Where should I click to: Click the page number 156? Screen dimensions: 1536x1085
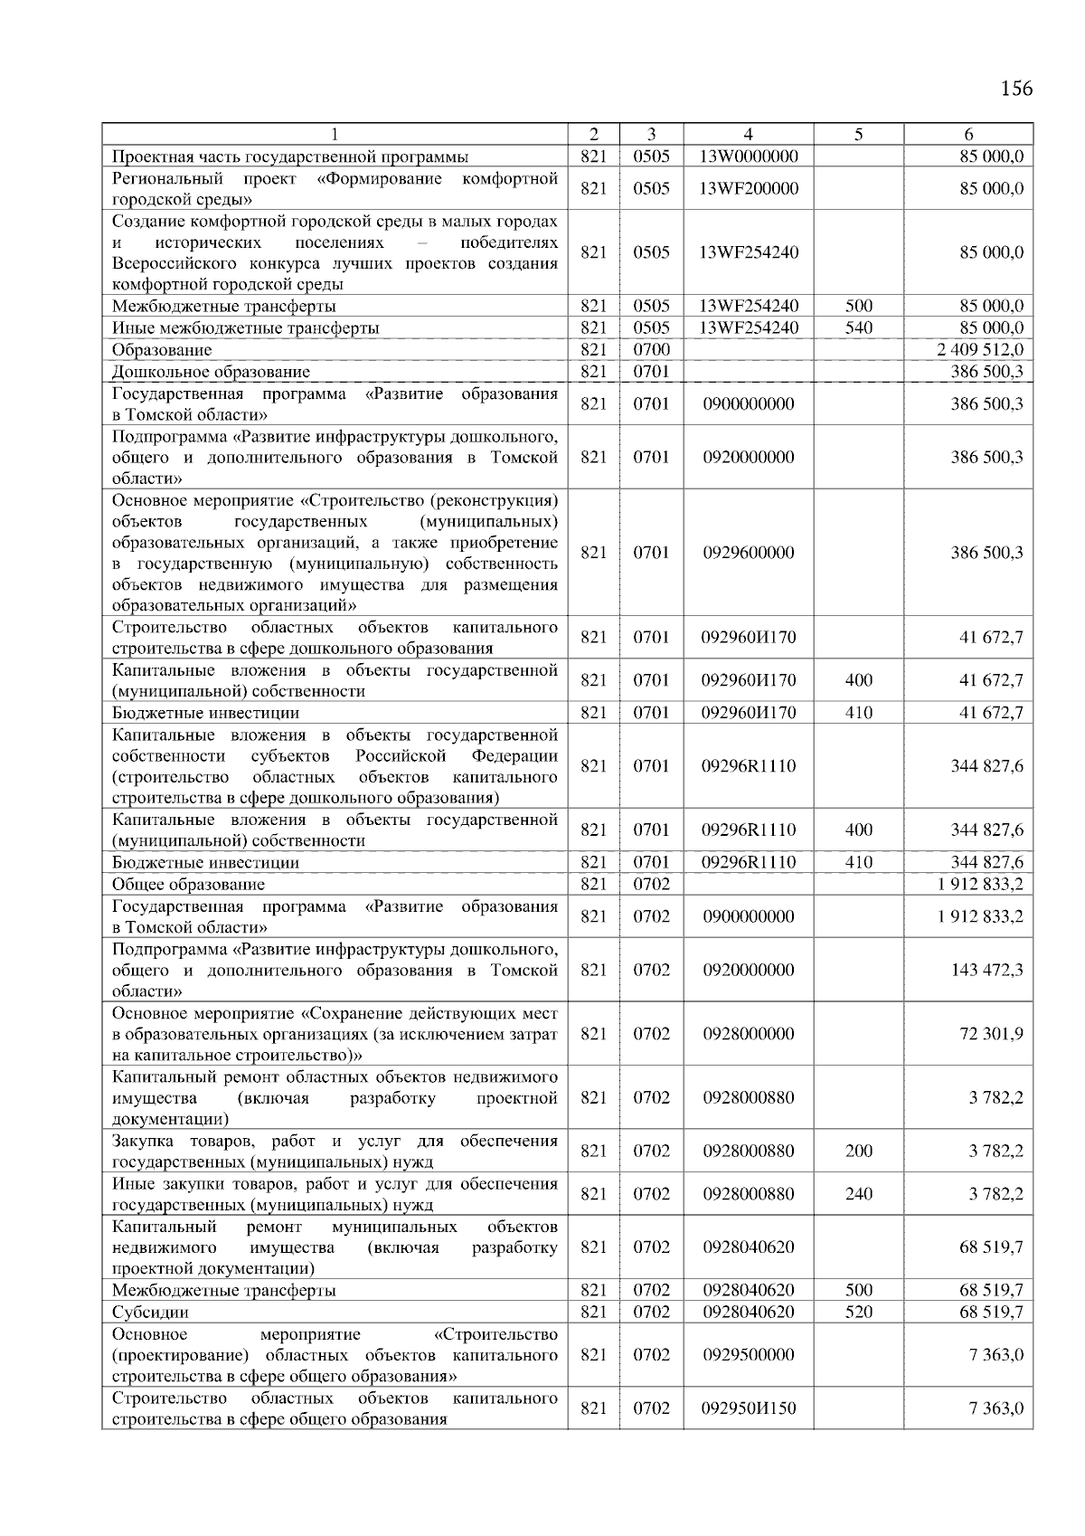pyautogui.click(x=1016, y=89)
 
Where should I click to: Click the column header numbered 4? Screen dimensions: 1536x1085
pyautogui.click(x=748, y=134)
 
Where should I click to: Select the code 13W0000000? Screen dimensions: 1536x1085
pyautogui.click(x=748, y=156)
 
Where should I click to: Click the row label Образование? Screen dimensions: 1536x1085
pyautogui.click(x=162, y=350)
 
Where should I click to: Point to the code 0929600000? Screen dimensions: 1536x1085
pyautogui.click(x=748, y=553)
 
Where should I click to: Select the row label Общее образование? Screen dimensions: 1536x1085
pyautogui.click(x=188, y=885)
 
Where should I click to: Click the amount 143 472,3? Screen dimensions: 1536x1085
pyautogui.click(x=986, y=970)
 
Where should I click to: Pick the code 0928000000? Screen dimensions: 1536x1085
pyautogui.click(x=748, y=1034)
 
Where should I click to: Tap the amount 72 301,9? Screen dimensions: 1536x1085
pyautogui.click(x=991, y=1034)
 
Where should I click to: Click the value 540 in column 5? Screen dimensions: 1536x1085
pyautogui.click(x=858, y=328)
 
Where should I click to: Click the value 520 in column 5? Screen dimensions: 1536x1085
pyautogui.click(x=858, y=1313)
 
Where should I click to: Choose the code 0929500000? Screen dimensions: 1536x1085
pyautogui.click(x=748, y=1355)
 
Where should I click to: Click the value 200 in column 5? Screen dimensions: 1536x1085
pyautogui.click(x=858, y=1152)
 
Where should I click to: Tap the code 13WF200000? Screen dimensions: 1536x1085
pyautogui.click(x=748, y=189)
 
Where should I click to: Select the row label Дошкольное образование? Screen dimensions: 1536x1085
pyautogui.click(x=211, y=372)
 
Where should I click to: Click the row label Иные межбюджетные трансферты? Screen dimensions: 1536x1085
pyautogui.click(x=245, y=328)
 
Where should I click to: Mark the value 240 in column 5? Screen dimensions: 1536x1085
pyautogui.click(x=858, y=1194)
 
